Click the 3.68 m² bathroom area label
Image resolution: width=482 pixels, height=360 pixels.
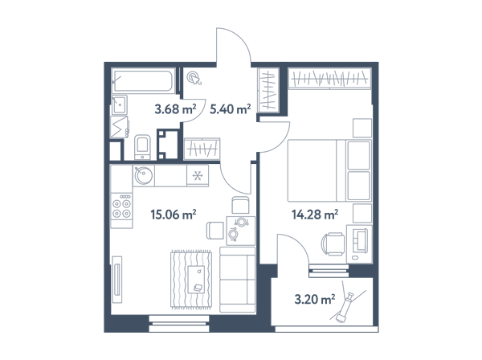pyautogui.click(x=175, y=108)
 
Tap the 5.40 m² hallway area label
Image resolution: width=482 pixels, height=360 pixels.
pyautogui.click(x=231, y=108)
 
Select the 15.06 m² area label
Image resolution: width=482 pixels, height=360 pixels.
pyautogui.click(x=174, y=215)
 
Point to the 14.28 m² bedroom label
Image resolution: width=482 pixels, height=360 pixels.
pyautogui.click(x=315, y=215)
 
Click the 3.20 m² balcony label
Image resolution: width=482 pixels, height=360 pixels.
pyautogui.click(x=315, y=299)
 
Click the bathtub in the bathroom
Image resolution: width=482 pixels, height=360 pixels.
pyautogui.click(x=143, y=80)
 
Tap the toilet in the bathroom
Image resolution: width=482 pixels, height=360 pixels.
pyautogui.click(x=142, y=147)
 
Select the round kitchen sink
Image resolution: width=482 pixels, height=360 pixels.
pyautogui.click(x=144, y=176)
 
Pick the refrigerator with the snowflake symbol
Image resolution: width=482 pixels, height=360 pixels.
pyautogui.click(x=198, y=176)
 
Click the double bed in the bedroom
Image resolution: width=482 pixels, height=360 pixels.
pyautogui.click(x=329, y=170)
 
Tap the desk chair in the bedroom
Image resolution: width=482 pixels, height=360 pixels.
pyautogui.click(x=333, y=244)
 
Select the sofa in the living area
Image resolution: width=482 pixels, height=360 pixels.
pyautogui.click(x=237, y=280)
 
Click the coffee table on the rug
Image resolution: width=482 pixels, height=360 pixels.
pyautogui.click(x=196, y=280)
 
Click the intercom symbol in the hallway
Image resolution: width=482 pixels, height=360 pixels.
pyautogui.click(x=194, y=77)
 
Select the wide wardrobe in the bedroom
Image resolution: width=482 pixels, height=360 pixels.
pyautogui.click(x=329, y=79)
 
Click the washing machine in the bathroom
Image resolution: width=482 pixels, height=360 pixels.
pyautogui.click(x=119, y=127)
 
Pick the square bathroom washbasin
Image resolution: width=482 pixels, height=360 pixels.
pyautogui.click(x=119, y=104)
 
